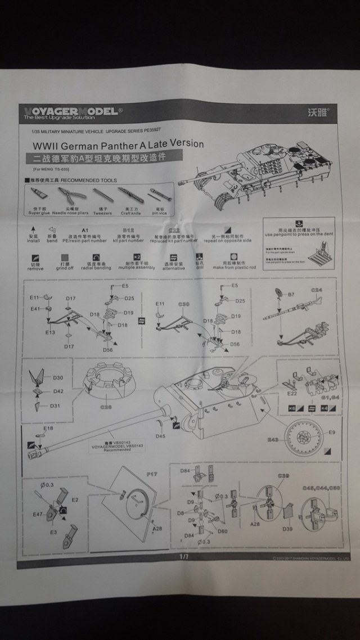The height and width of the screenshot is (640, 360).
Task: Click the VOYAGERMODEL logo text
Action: (x=70, y=111)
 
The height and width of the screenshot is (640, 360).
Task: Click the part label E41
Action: (x=35, y=309)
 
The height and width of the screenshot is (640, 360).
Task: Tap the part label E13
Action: (x=50, y=333)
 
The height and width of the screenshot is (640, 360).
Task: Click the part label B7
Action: (x=291, y=294)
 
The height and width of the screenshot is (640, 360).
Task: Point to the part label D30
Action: (x=57, y=377)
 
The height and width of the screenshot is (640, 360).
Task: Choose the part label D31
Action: (x=55, y=405)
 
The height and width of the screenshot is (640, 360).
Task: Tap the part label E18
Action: (x=48, y=428)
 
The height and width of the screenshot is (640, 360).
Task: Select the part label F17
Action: (x=152, y=475)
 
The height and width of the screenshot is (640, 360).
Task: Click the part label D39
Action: (x=287, y=529)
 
